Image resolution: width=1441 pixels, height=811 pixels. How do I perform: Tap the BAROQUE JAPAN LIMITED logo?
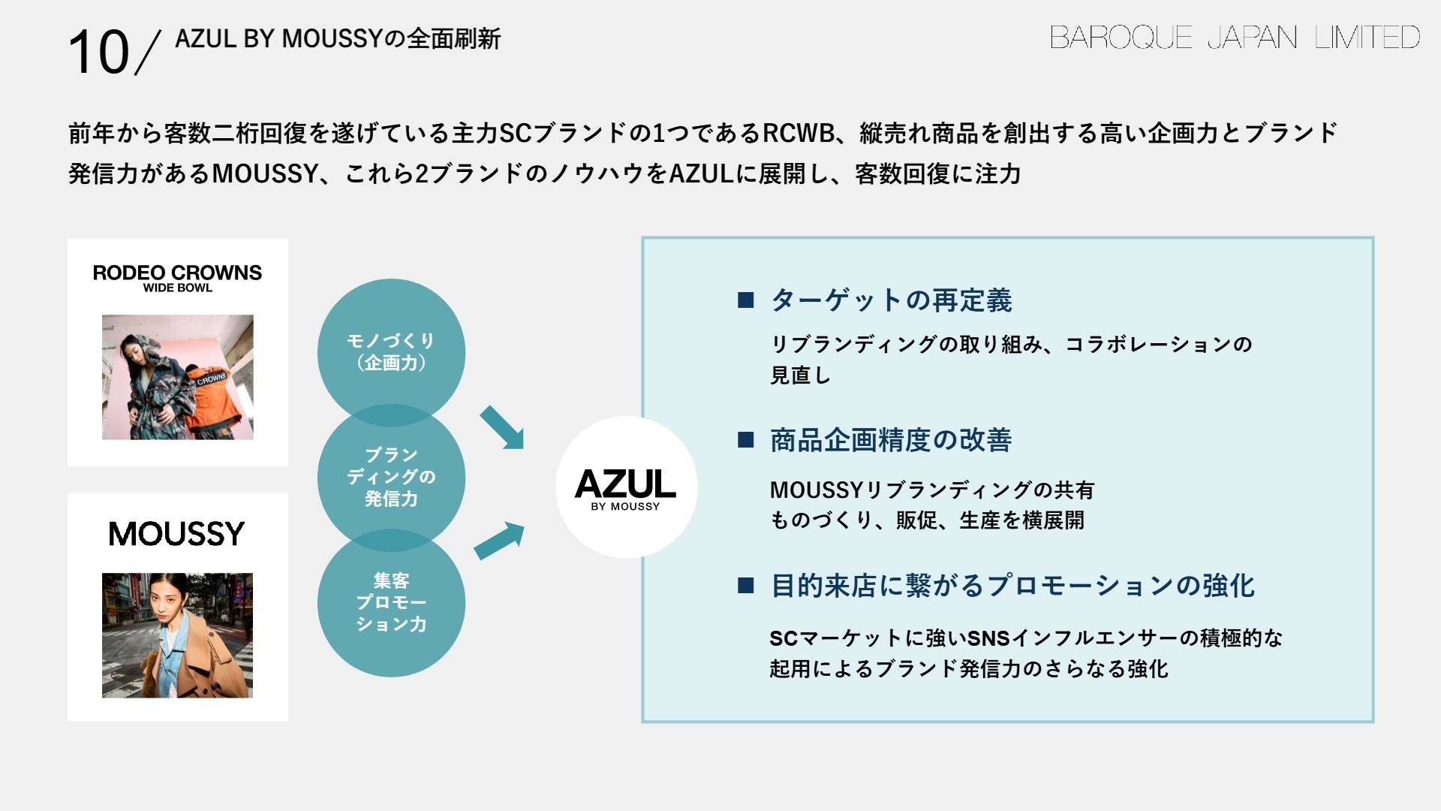click(1234, 37)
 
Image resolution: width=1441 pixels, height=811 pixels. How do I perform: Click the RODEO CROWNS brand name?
click(177, 273)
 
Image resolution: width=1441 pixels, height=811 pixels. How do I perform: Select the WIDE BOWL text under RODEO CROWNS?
click(178, 288)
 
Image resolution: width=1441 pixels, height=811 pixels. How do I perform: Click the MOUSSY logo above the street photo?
click(177, 534)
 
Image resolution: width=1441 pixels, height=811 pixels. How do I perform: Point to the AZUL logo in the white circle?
click(625, 484)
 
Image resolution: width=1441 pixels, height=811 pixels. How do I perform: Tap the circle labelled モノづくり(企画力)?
click(391, 351)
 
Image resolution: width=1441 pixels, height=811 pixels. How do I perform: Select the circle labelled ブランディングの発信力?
click(391, 477)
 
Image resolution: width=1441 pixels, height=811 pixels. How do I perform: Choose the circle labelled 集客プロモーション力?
click(391, 602)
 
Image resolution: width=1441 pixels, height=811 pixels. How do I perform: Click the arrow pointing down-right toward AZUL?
click(501, 427)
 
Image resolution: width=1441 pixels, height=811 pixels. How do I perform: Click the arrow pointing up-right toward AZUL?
click(500, 541)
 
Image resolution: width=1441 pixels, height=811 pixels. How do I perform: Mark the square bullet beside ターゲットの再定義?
click(745, 300)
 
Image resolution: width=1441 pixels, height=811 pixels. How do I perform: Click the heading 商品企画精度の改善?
click(891, 440)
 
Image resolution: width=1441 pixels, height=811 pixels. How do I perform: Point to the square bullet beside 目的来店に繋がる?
click(745, 586)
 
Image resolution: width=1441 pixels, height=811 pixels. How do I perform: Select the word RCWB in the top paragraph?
click(799, 133)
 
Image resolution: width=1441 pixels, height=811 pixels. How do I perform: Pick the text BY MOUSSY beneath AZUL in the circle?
click(625, 507)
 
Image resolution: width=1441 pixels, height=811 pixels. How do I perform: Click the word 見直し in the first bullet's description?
click(800, 375)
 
